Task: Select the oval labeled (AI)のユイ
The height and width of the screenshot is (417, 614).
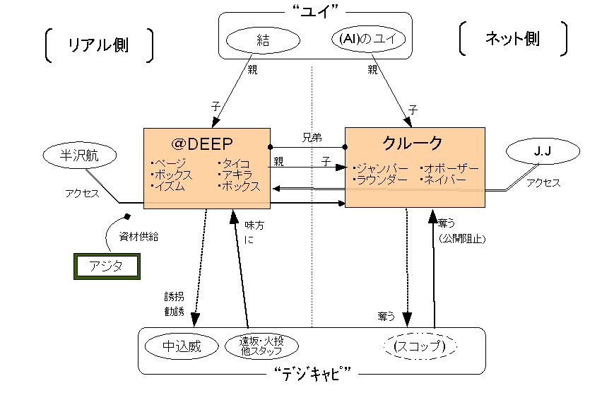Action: tap(367, 41)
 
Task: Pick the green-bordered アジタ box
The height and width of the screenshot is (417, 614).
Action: tap(106, 266)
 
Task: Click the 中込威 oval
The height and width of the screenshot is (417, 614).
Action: tap(182, 346)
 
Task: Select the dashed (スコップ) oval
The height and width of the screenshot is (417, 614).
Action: tap(420, 346)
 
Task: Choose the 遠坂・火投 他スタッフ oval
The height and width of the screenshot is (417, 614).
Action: tap(261, 346)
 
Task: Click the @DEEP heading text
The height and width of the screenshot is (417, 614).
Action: tap(206, 143)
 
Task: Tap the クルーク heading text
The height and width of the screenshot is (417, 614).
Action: tap(413, 143)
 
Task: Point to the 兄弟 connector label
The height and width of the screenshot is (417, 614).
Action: tap(312, 138)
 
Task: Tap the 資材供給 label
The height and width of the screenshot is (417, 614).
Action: tap(138, 237)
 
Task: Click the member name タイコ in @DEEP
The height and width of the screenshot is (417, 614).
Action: tap(236, 165)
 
